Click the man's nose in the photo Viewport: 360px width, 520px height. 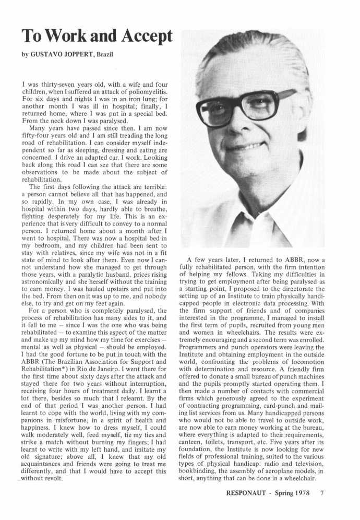pos(247,121)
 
